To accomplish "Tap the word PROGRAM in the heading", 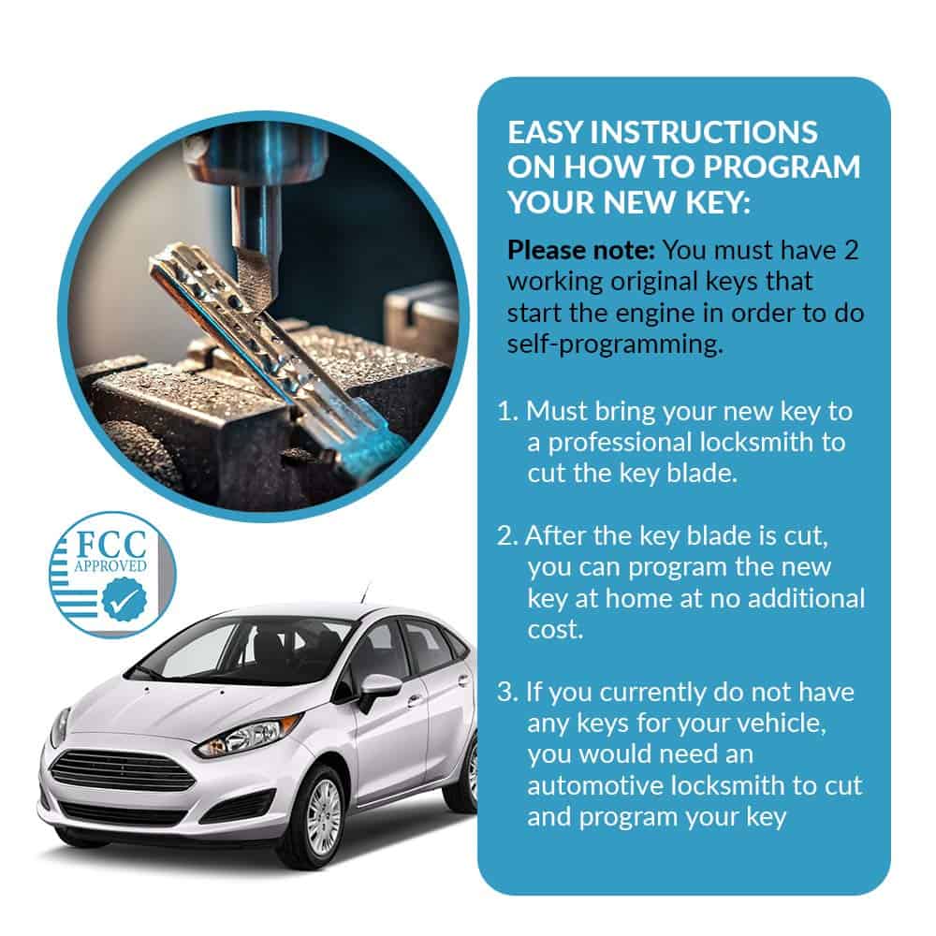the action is [782, 168].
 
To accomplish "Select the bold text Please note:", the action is [581, 250].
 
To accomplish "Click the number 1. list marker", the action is [507, 411].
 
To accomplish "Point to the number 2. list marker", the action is [507, 535].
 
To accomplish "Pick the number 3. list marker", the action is [507, 692].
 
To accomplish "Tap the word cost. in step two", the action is [555, 630].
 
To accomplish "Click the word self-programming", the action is [615, 344].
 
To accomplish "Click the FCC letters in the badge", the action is [111, 545].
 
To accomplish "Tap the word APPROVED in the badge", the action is [110, 565].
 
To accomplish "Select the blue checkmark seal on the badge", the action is [124, 601].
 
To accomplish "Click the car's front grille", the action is [124, 770].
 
